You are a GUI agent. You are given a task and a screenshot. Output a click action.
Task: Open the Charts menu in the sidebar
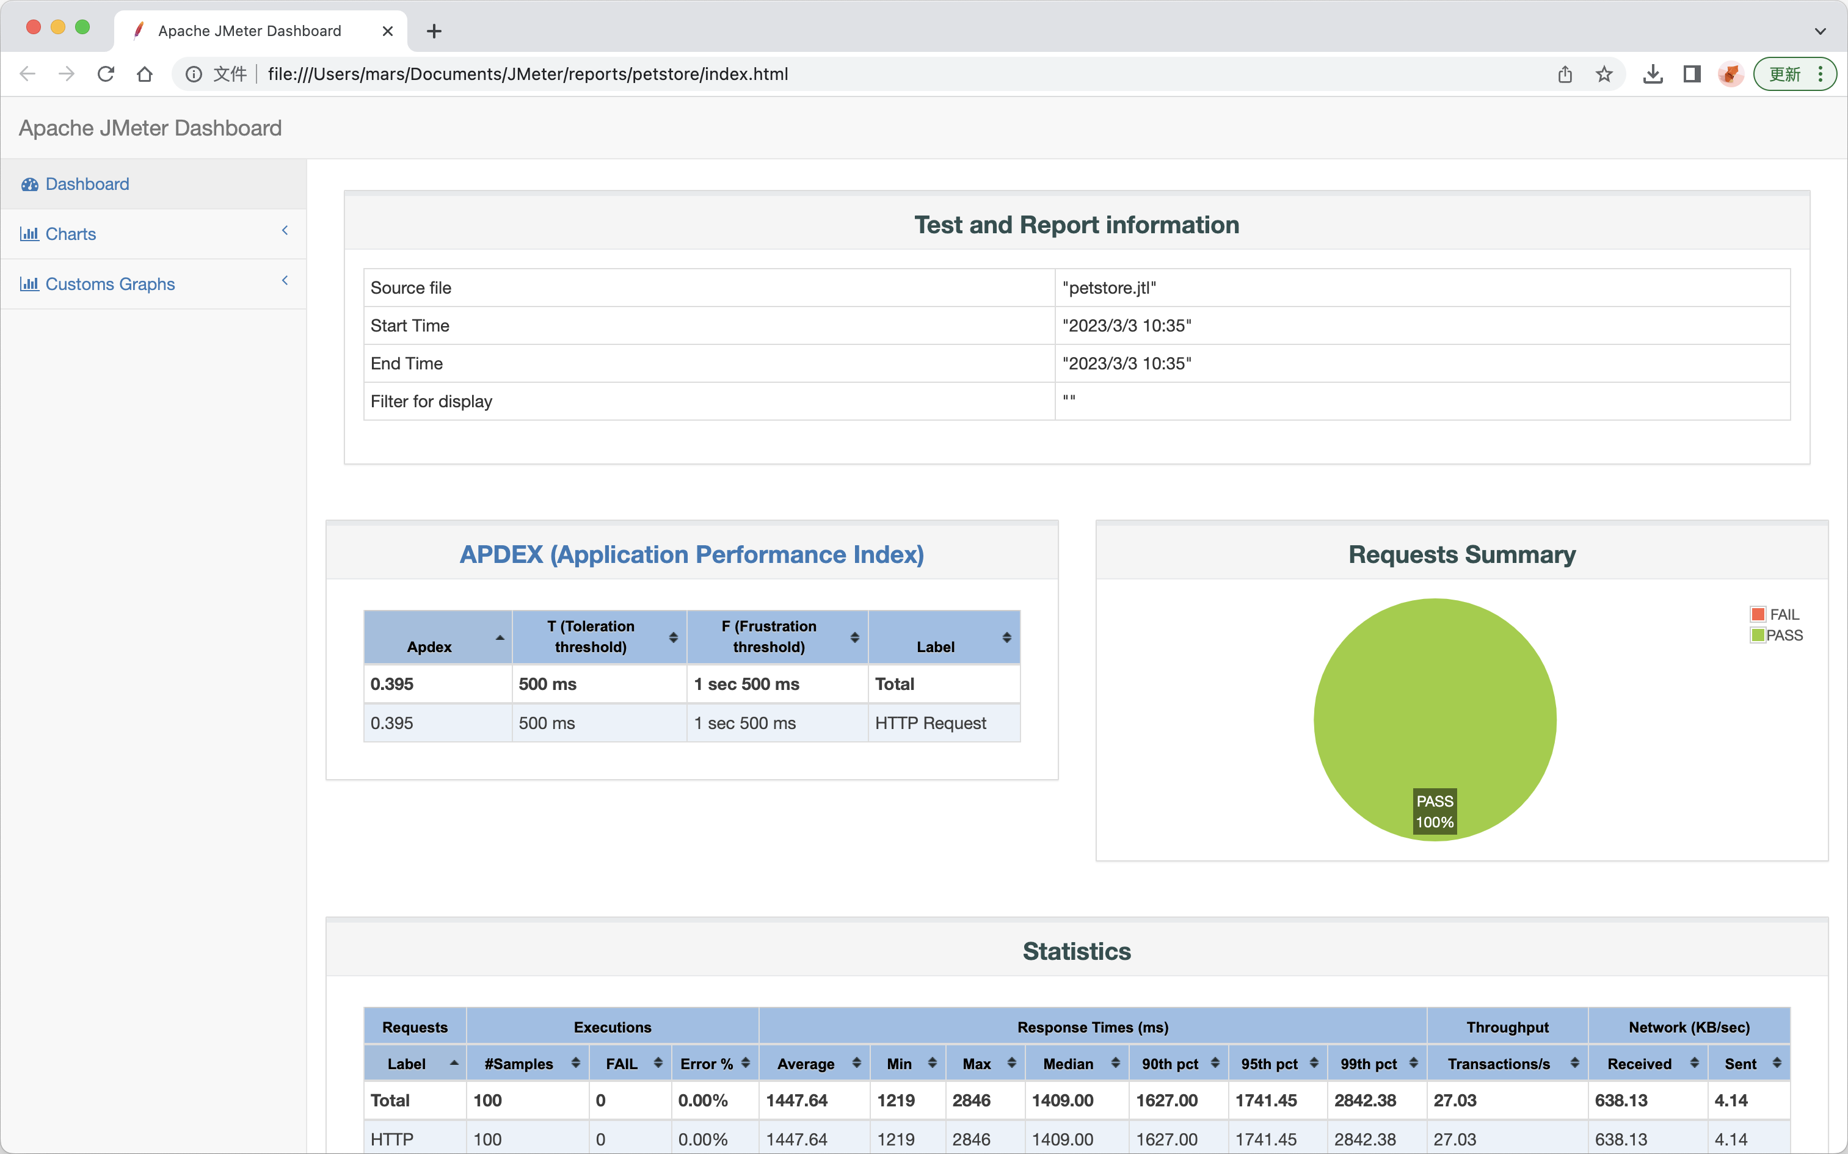70,233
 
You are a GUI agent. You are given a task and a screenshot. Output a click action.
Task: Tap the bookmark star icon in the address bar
1604,74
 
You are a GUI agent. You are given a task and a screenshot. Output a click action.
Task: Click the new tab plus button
434,31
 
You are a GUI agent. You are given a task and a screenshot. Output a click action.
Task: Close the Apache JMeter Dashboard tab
388,31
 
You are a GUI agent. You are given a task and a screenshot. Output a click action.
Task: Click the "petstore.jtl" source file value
1109,288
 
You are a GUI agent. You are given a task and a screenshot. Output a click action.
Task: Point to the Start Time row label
410,326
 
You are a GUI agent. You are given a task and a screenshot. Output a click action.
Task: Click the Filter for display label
431,402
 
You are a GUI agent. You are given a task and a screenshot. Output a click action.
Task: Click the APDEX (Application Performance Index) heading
691,554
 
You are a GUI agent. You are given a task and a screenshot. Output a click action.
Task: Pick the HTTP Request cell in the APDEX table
931,723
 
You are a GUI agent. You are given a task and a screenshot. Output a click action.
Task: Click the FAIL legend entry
1775,614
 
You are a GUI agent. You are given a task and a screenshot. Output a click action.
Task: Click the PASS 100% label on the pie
1435,811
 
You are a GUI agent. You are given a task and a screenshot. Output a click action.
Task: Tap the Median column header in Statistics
1068,1064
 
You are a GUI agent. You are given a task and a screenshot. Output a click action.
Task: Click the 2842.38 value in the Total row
1366,1100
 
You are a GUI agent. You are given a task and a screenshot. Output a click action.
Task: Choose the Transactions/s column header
1499,1064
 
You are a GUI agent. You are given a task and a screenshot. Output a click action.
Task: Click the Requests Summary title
1462,554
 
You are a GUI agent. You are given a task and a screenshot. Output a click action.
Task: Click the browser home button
144,74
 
